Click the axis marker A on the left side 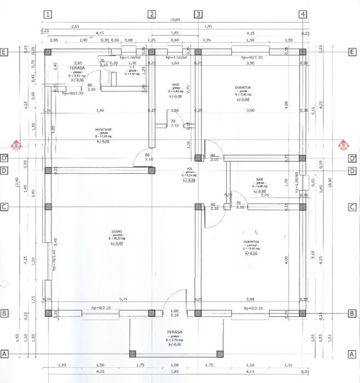tap(5, 353)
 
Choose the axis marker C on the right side tap(353, 207)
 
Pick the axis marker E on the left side tap(5, 52)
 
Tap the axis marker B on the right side tap(353, 314)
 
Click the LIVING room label tap(117, 231)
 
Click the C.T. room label tap(132, 67)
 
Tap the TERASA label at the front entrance tap(174, 332)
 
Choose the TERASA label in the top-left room tap(77, 68)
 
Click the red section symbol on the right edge tap(344, 146)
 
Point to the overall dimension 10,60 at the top tap(175, 20)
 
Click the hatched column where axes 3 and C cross tap(198, 207)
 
